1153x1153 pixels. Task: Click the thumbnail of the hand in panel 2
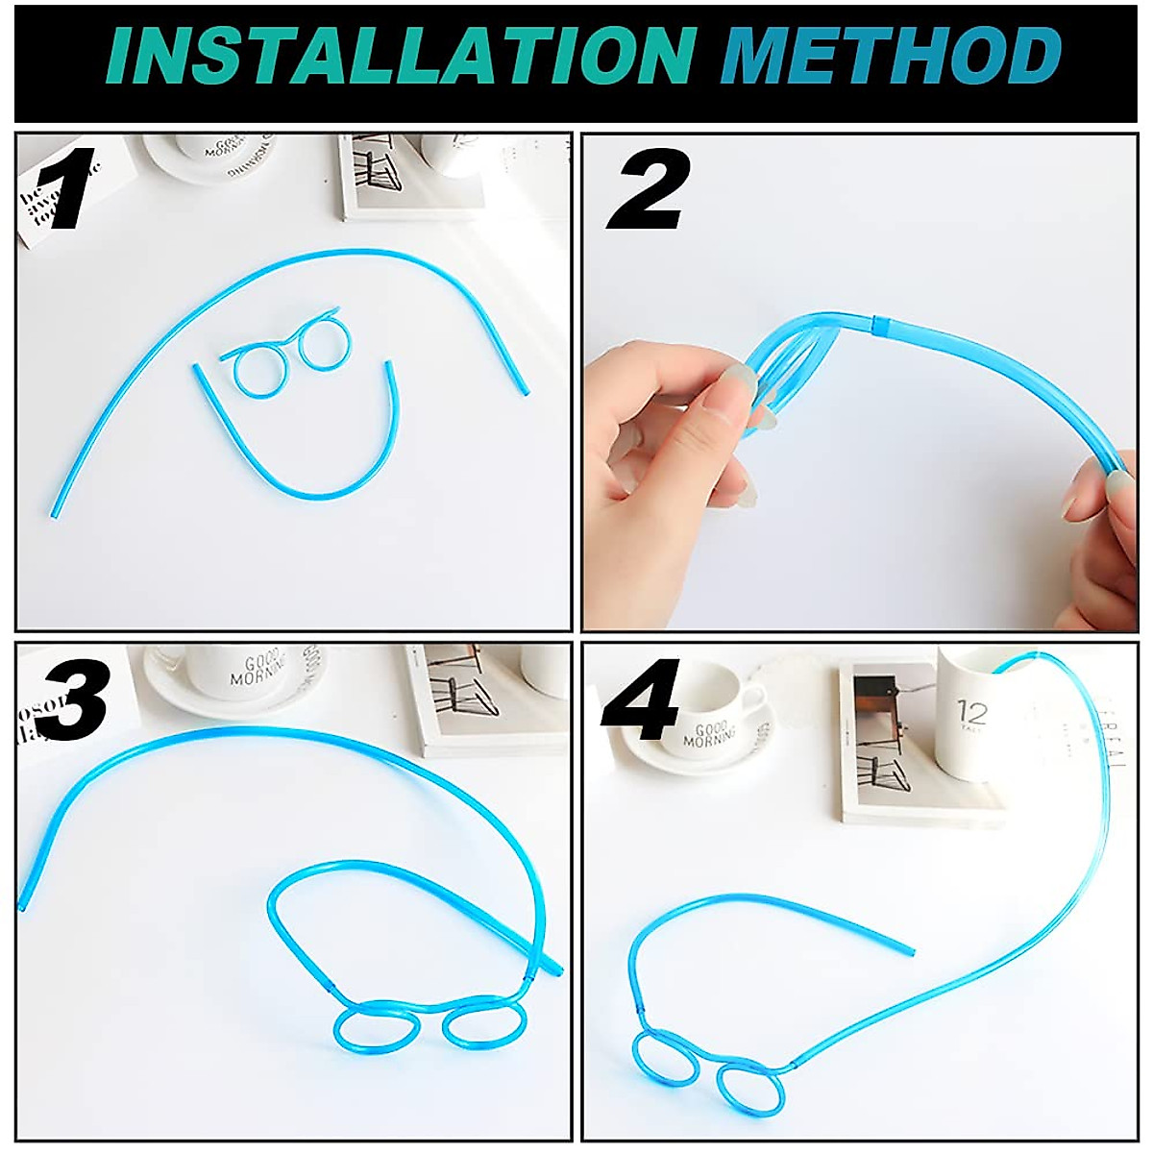tap(741, 379)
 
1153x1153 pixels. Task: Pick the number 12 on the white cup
tap(972, 714)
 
